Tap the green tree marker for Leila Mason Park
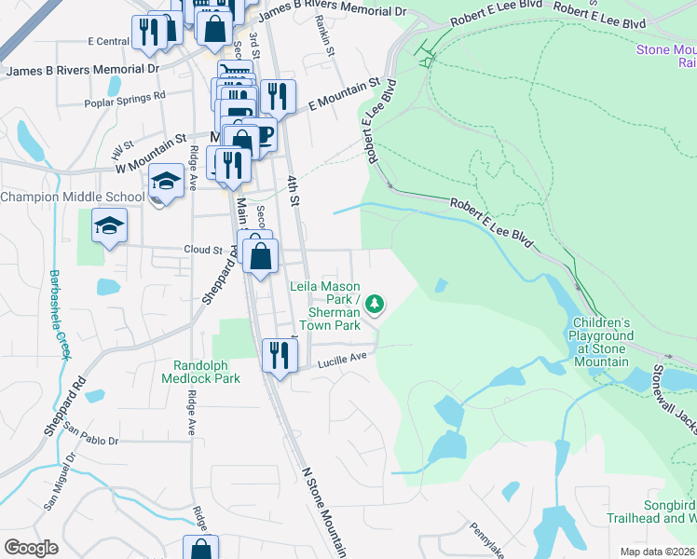click(375, 304)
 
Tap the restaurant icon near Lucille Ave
click(280, 355)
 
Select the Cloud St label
click(203, 250)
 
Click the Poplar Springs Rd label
click(124, 96)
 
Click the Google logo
click(32, 548)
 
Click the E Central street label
click(109, 42)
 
